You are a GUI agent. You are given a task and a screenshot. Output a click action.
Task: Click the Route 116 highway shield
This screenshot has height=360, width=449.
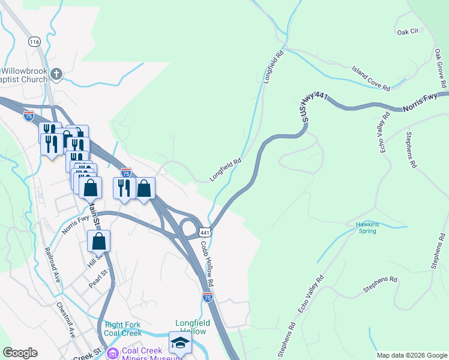tap(34, 41)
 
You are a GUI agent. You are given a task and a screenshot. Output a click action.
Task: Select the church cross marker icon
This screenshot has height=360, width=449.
tap(56, 74)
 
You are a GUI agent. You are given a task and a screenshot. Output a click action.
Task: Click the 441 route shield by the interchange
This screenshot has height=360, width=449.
tap(205, 232)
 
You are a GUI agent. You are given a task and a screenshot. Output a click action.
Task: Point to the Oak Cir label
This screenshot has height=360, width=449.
tap(407, 32)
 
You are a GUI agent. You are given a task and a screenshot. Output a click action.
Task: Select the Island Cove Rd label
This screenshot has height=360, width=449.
tap(371, 79)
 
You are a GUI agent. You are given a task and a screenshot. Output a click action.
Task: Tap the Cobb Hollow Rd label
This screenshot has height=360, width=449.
tap(207, 263)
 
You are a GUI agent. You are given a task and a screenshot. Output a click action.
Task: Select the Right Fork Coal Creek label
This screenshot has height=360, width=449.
tap(122, 329)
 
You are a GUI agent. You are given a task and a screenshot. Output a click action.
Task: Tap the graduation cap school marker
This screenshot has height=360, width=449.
tap(180, 343)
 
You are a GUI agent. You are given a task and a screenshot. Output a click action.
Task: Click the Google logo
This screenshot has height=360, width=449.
tap(20, 353)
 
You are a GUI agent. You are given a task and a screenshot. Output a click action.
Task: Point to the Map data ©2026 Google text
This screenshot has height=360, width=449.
tap(411, 355)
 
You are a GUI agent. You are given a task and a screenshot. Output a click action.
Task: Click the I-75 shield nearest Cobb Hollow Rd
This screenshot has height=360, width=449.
tap(207, 297)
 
